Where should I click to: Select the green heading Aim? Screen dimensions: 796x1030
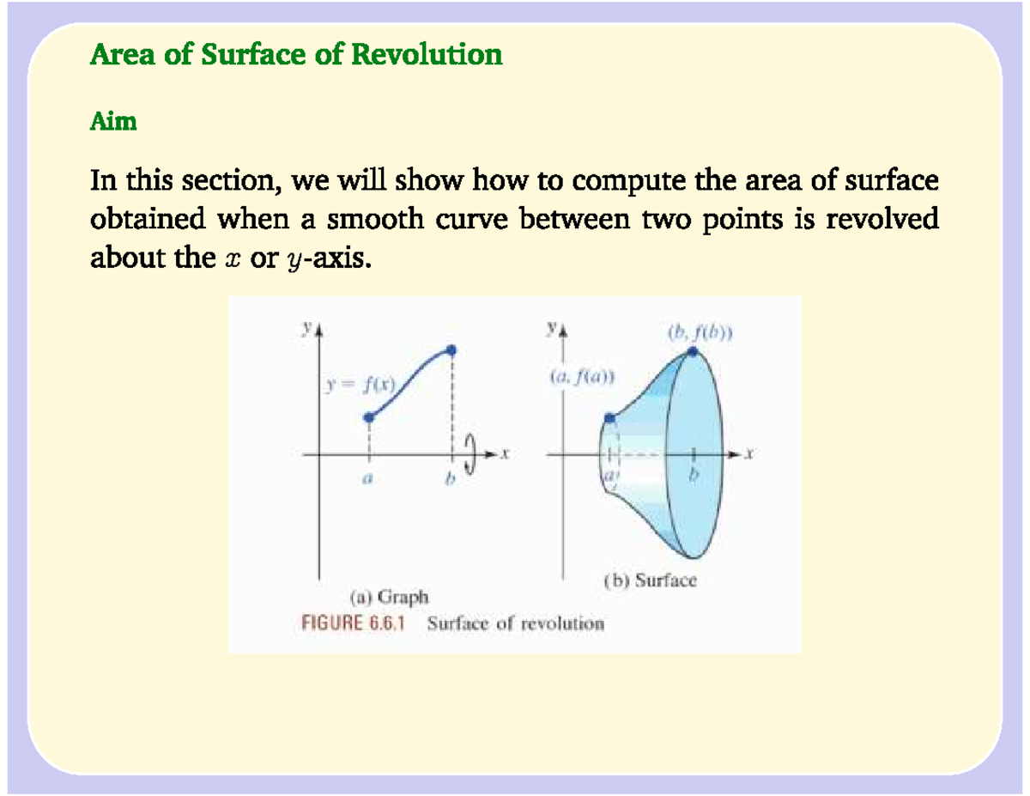pos(113,122)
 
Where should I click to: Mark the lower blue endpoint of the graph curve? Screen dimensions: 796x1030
pos(369,418)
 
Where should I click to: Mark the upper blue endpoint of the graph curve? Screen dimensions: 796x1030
pos(452,349)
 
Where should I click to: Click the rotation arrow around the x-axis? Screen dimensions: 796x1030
pos(470,453)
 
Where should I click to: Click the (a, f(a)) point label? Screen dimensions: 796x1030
pos(583,375)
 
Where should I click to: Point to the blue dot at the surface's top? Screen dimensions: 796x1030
pos(693,350)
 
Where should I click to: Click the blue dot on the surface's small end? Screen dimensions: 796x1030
pos(609,419)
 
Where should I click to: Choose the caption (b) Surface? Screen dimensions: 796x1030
pos(650,580)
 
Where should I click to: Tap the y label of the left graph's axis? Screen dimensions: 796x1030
pos(306,327)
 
